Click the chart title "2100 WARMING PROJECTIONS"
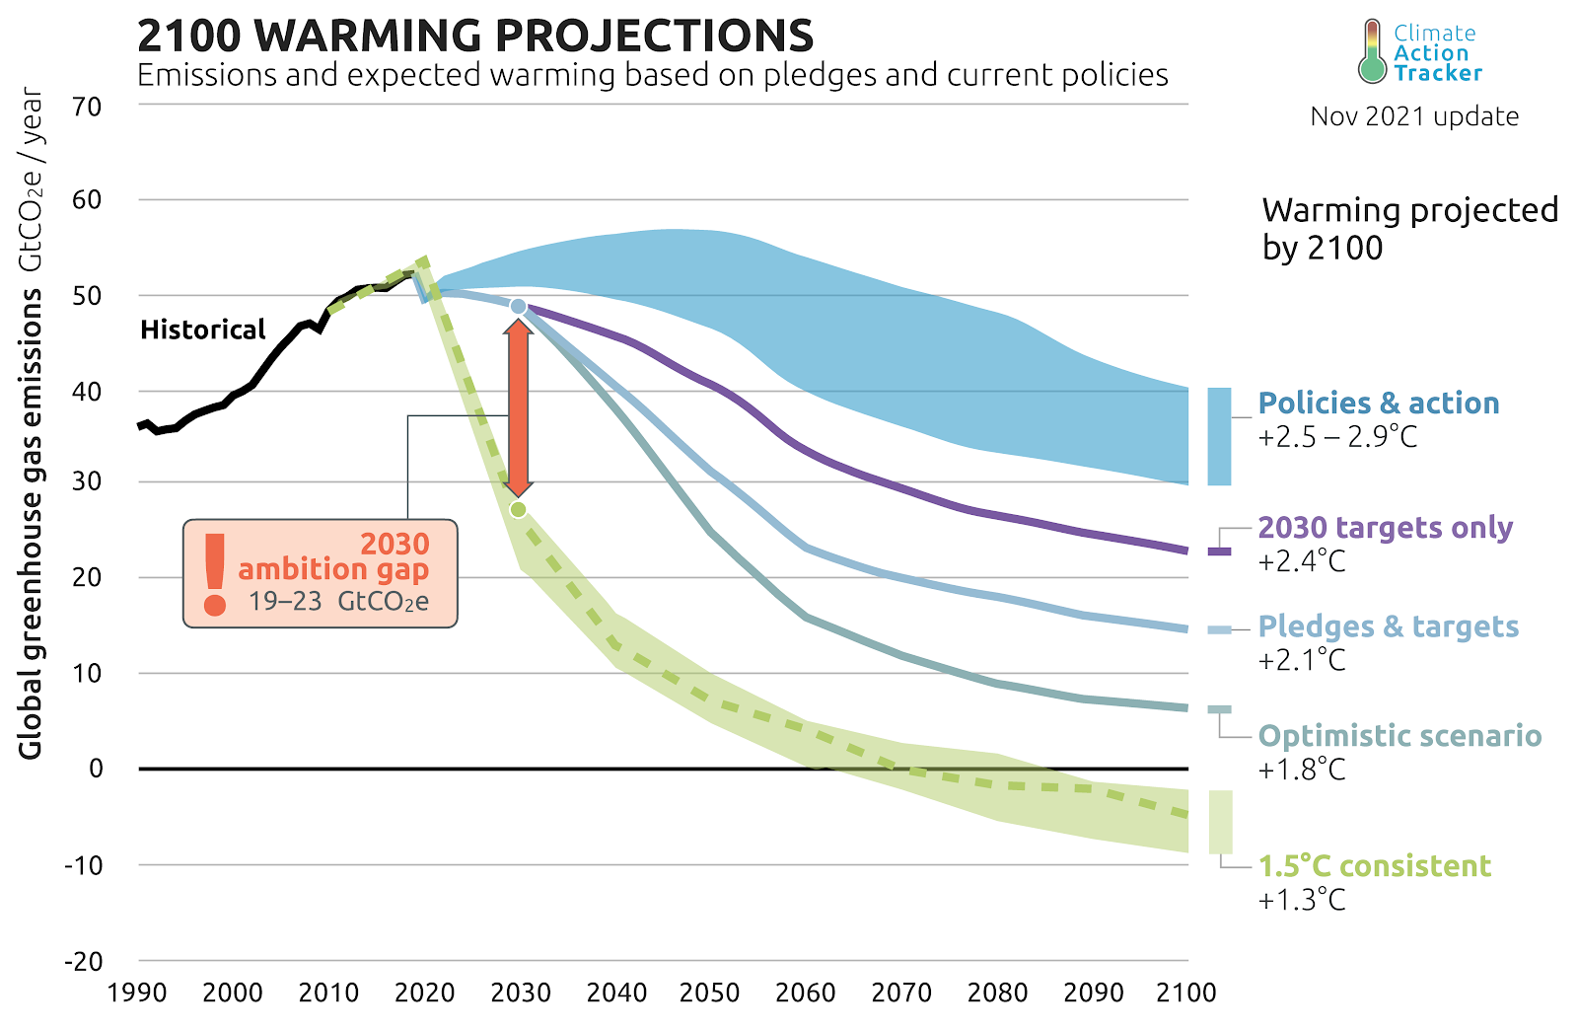point(474,37)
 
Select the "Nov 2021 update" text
point(1413,116)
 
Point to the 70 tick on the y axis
point(88,107)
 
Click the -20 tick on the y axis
point(84,961)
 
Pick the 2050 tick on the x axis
point(710,993)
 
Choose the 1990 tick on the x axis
point(137,993)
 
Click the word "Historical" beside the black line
point(203,330)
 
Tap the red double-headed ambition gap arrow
point(518,407)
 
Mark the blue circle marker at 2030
point(518,307)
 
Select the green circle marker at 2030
point(518,509)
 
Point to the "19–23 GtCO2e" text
point(338,602)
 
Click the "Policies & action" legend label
point(1378,404)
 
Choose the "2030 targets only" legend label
point(1385,528)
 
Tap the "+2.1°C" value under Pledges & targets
point(1302,660)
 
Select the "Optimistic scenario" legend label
point(1399,736)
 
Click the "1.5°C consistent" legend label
point(1374,866)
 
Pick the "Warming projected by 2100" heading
point(1409,228)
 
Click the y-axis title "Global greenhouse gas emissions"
point(31,523)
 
